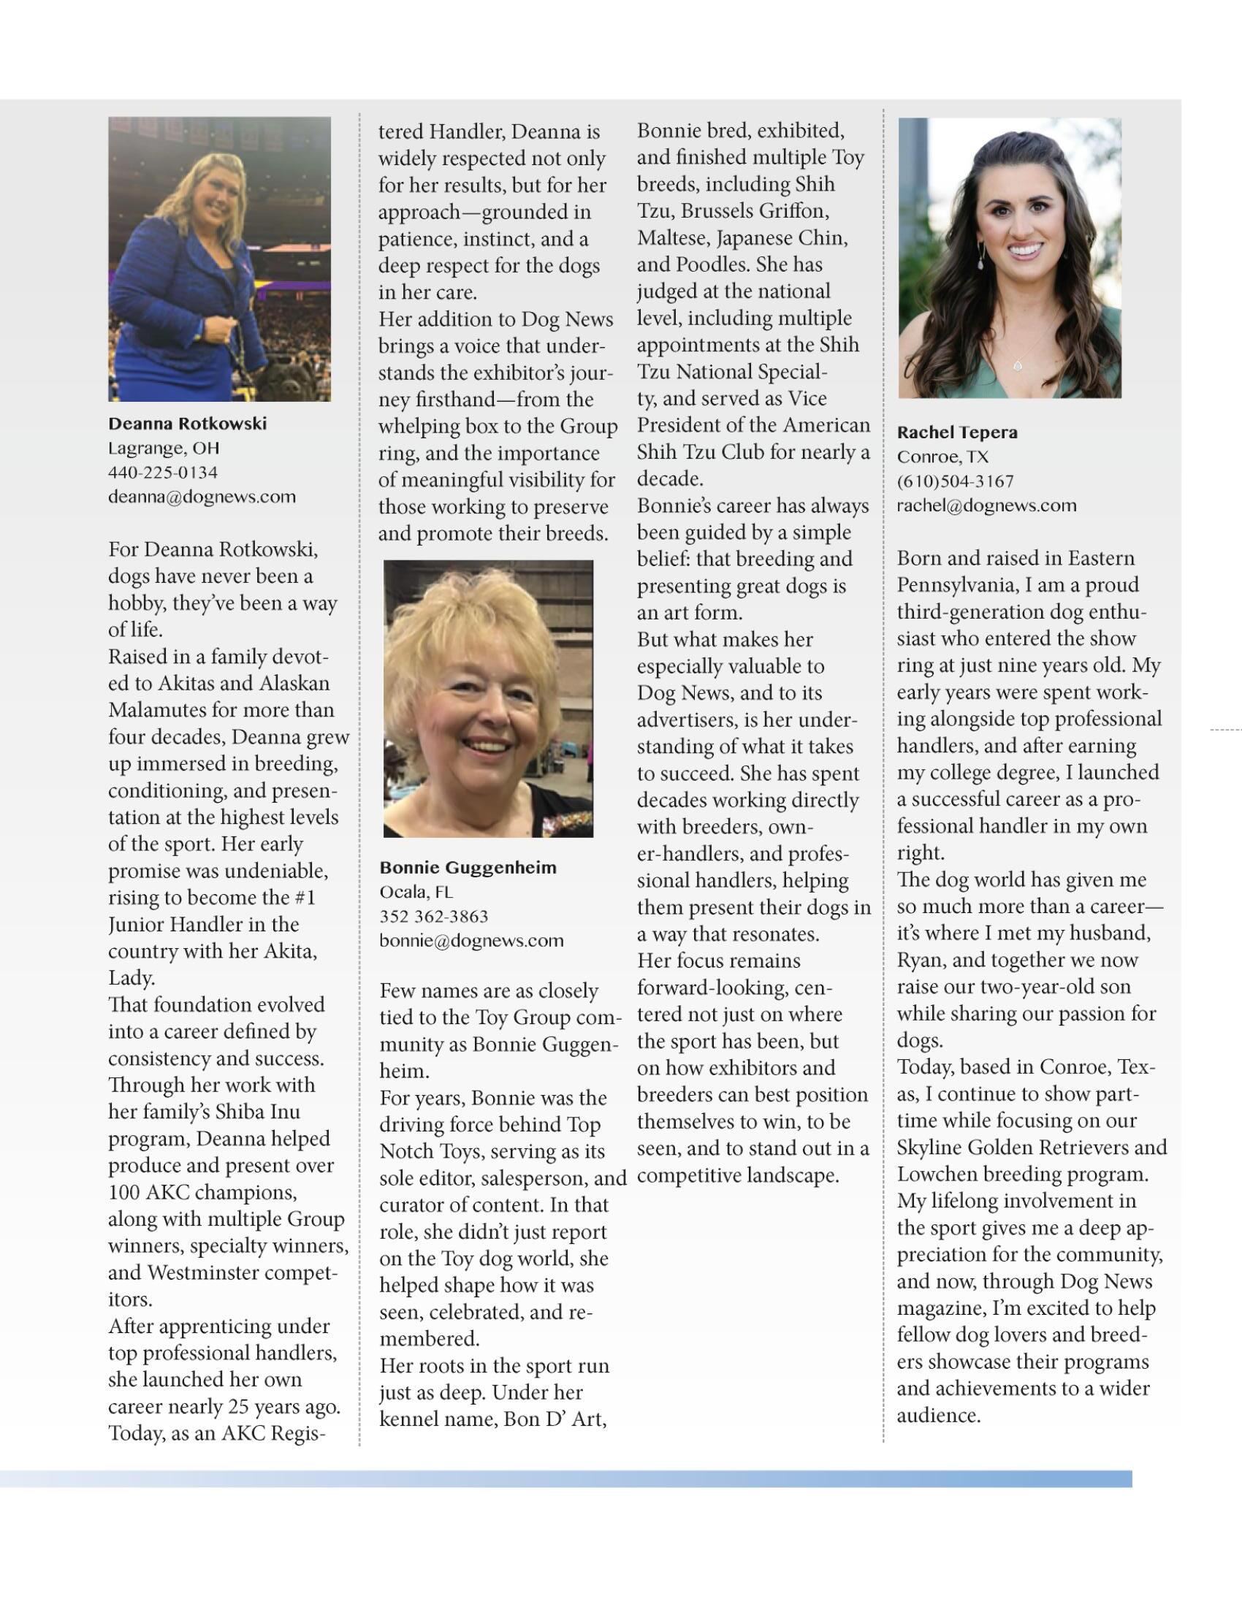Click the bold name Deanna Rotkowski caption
pyautogui.click(x=187, y=424)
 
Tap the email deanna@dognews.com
pyautogui.click(x=202, y=497)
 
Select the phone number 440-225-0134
pyautogui.click(x=163, y=473)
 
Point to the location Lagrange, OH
pyautogui.click(x=164, y=448)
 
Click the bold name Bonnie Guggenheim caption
pyautogui.click(x=468, y=868)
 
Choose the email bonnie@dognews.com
pyautogui.click(x=471, y=940)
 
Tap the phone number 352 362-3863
pyautogui.click(x=433, y=916)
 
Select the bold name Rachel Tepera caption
pyautogui.click(x=956, y=432)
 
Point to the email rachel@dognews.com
pyautogui.click(x=986, y=505)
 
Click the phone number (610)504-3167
pyautogui.click(x=954, y=481)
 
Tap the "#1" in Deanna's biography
pyautogui.click(x=303, y=898)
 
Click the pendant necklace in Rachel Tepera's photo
pyautogui.click(x=1019, y=364)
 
